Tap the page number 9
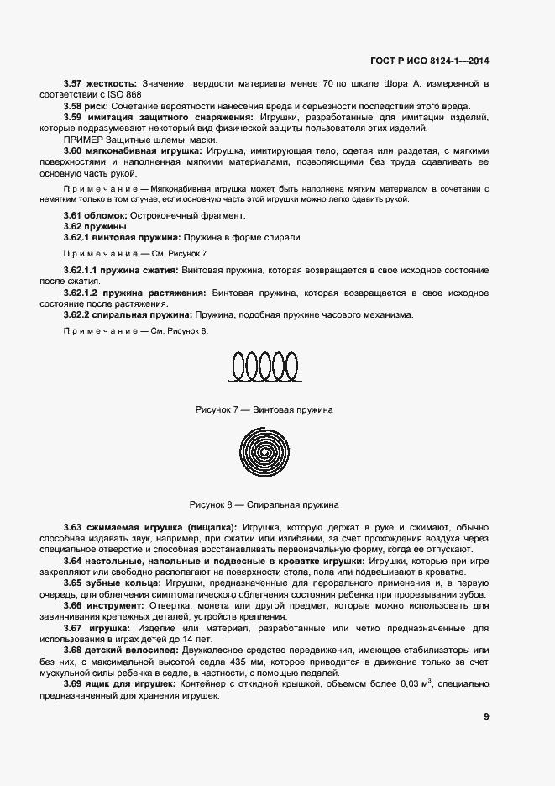click(486, 717)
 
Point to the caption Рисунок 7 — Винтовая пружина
click(264, 409)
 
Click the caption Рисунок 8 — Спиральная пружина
click(264, 504)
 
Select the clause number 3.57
click(75, 84)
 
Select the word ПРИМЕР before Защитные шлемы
click(83, 139)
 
